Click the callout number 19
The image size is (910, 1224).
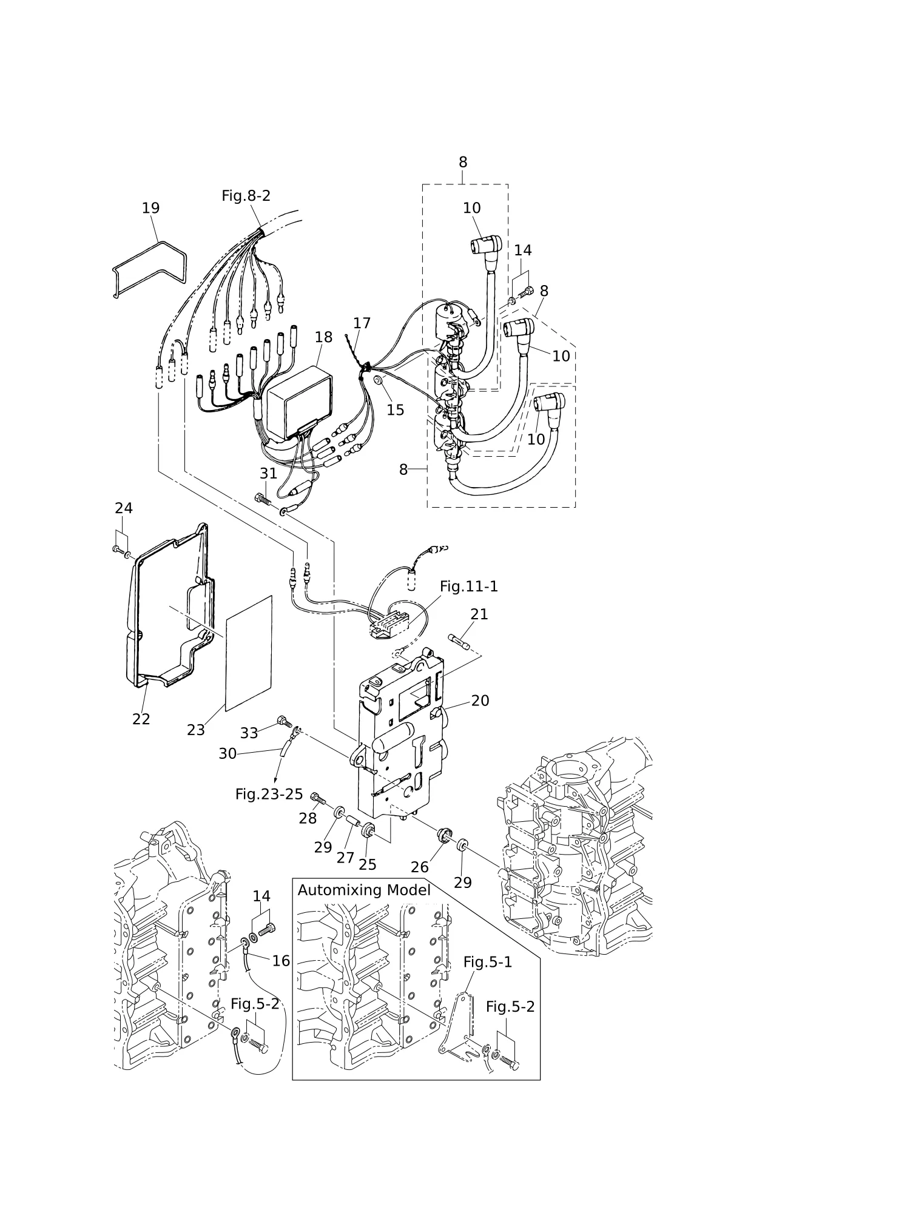[x=150, y=208]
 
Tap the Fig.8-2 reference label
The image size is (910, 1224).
[x=246, y=196]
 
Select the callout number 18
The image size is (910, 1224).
[x=323, y=337]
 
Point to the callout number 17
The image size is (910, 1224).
[x=362, y=323]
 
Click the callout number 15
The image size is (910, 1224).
[x=395, y=410]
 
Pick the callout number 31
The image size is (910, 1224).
[x=268, y=473]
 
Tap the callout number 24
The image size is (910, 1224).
[x=124, y=508]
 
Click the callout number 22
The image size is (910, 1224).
[x=141, y=719]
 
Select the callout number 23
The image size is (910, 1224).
[x=195, y=730]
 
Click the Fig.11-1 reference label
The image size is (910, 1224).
[x=468, y=587]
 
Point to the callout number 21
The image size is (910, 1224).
[x=479, y=614]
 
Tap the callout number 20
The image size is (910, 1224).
[x=480, y=701]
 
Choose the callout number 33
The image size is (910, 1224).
[x=249, y=733]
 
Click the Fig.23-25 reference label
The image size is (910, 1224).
[x=269, y=794]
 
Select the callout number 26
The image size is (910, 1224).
[x=419, y=867]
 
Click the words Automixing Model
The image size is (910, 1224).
[x=364, y=890]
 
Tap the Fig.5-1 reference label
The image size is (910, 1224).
[x=488, y=963]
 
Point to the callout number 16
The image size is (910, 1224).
[x=281, y=961]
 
